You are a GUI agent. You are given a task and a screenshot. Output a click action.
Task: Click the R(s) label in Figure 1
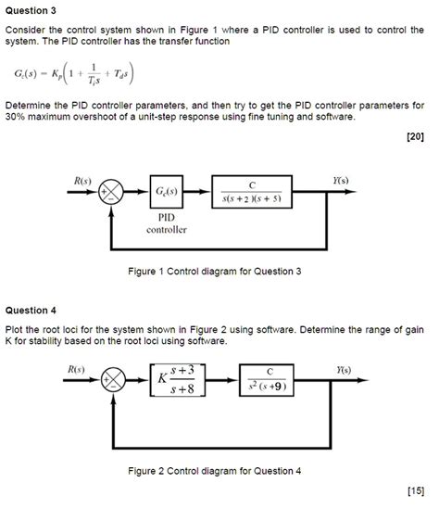point(82,179)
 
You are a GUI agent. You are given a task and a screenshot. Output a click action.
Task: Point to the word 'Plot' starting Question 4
point(15,330)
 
